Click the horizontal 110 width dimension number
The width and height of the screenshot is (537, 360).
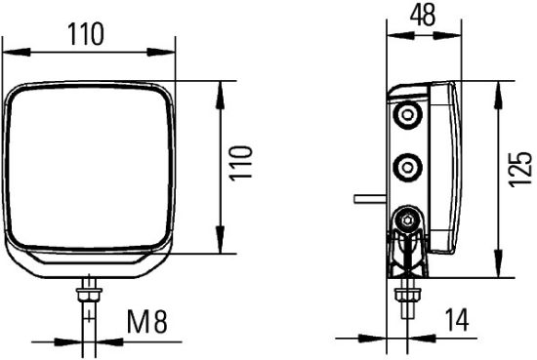click(86, 34)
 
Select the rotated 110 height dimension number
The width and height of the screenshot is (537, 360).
click(244, 163)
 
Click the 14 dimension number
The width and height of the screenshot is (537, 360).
click(455, 319)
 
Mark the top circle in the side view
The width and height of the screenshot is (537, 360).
click(405, 117)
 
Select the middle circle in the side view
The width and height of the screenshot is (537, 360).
click(405, 165)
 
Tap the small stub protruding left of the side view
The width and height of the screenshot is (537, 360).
click(370, 198)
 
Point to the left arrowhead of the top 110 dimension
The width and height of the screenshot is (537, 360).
click(12, 50)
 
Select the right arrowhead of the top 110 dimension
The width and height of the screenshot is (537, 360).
click(171, 50)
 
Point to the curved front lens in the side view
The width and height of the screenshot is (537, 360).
click(453, 166)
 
